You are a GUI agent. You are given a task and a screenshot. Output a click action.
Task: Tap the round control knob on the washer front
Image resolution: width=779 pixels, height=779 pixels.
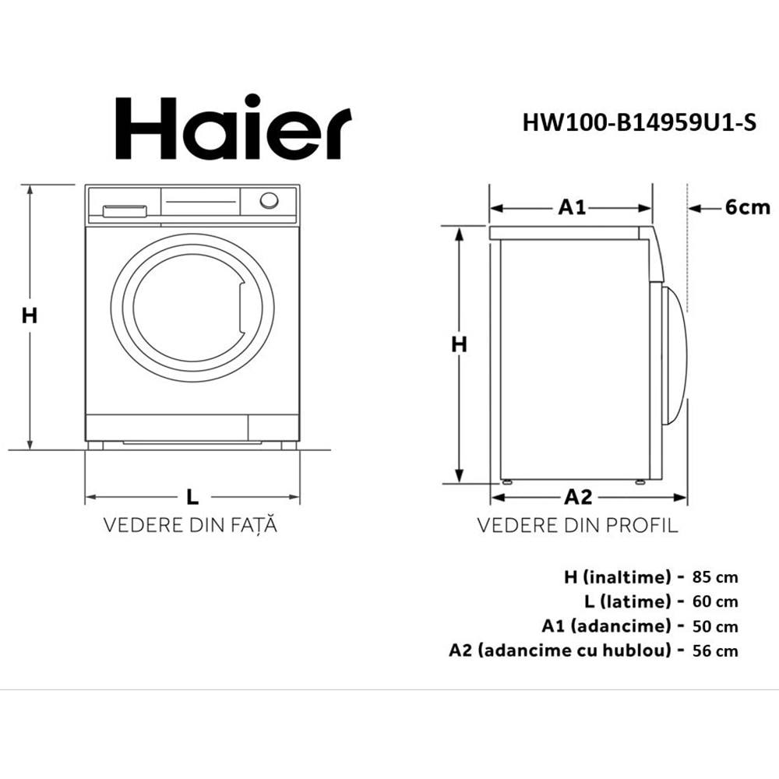pyautogui.click(x=269, y=200)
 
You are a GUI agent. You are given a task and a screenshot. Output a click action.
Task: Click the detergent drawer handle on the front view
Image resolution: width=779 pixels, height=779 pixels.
pyautogui.click(x=125, y=210)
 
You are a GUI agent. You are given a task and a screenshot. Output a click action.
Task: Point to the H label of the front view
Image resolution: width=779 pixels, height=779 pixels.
pyautogui.click(x=30, y=315)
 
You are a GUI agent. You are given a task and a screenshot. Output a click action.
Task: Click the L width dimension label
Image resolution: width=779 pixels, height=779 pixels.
pyautogui.click(x=192, y=496)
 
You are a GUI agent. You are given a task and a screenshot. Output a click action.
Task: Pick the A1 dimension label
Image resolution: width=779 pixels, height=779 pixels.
pyautogui.click(x=572, y=207)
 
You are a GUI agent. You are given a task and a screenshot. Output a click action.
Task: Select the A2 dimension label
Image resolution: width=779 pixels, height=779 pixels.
pyautogui.click(x=578, y=496)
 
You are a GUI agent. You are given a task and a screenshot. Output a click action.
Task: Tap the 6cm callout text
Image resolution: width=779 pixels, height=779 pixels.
pyautogui.click(x=746, y=207)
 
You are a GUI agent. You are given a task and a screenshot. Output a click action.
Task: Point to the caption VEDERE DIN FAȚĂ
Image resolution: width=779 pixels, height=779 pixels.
pyautogui.click(x=191, y=525)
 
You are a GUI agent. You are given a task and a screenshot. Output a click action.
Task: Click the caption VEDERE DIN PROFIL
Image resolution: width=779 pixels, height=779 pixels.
pyautogui.click(x=577, y=525)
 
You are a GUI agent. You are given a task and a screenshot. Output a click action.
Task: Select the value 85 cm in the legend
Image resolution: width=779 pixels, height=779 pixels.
pyautogui.click(x=714, y=577)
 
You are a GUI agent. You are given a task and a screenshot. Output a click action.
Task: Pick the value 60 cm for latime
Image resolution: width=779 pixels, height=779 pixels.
pyautogui.click(x=714, y=601)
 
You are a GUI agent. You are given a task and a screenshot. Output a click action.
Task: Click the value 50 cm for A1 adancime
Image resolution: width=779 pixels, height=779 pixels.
pyautogui.click(x=714, y=626)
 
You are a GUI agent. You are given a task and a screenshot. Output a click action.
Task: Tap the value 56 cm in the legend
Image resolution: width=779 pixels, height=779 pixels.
pyautogui.click(x=714, y=650)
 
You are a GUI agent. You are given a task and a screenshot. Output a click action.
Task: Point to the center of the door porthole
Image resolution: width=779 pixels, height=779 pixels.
pyautogui.click(x=191, y=308)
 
